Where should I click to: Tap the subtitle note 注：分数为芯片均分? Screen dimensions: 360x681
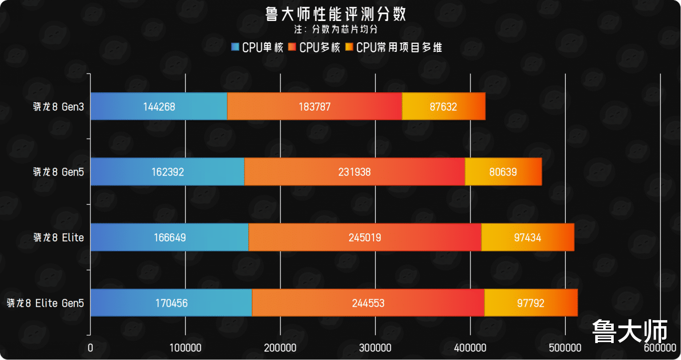coord(340,29)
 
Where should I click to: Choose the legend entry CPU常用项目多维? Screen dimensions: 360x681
coord(394,47)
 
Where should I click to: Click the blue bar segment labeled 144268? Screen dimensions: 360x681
coord(159,106)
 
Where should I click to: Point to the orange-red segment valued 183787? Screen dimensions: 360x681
coord(314,106)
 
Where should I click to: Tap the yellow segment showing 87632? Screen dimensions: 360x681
coord(443,106)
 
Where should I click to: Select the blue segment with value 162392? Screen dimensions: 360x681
coord(168,172)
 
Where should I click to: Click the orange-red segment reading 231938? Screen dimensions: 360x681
coord(354,172)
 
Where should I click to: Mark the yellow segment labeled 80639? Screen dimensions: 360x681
coord(503,172)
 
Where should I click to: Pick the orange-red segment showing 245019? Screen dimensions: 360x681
coord(365,237)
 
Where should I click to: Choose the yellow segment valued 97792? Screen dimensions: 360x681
coord(531,303)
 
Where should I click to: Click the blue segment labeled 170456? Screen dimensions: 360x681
coord(171,303)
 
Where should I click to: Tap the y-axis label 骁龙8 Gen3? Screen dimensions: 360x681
coord(58,107)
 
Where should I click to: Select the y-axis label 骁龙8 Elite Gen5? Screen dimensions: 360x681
coord(45,303)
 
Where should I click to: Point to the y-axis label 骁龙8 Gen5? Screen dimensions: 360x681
coord(58,172)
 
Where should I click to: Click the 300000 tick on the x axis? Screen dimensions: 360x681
coord(375,348)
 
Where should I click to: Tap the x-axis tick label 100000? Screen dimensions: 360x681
coord(185,348)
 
